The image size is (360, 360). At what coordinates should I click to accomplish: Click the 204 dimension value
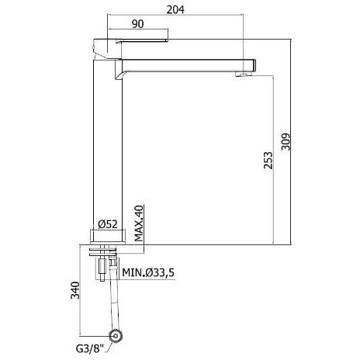(175, 9)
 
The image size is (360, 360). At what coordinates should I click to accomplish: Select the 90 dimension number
(137, 24)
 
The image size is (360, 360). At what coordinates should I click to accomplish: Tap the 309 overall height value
(286, 142)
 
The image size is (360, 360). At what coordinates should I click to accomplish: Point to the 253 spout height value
(268, 161)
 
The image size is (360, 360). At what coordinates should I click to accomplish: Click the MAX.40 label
(139, 223)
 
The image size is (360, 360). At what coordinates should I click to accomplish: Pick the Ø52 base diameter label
(108, 224)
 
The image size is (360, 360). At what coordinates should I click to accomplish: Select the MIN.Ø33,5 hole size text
(148, 272)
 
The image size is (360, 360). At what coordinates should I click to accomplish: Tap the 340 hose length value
(75, 290)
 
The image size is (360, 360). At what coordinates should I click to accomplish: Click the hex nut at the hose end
(116, 336)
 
